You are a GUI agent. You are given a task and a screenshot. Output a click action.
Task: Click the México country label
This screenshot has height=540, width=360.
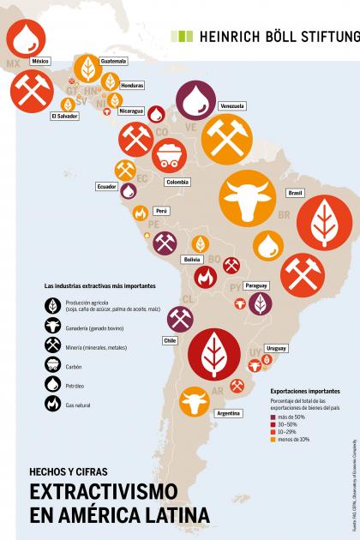[39, 62]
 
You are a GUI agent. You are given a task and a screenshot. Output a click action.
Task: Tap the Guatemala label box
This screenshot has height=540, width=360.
[113, 62]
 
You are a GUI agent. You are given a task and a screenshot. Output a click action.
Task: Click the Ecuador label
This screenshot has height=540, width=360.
[106, 186]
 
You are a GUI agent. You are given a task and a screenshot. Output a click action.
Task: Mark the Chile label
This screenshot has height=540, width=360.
[171, 340]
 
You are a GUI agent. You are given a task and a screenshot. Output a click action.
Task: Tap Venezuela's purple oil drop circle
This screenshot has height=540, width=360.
[196, 100]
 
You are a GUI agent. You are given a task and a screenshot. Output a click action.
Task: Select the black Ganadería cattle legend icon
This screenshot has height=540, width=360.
[52, 325]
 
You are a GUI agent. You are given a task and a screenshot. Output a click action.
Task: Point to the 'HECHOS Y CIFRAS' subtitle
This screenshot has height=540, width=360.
[69, 471]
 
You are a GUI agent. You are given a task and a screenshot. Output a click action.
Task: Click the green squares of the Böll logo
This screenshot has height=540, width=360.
[182, 36]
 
